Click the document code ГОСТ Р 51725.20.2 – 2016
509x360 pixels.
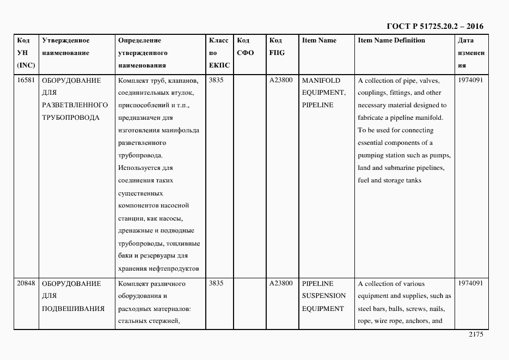[x=434, y=26]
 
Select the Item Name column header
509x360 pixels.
[x=319, y=40]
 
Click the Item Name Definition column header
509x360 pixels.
[x=391, y=40]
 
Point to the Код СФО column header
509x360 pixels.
[x=245, y=47]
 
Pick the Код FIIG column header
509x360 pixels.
[x=277, y=47]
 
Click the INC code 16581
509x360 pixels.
[x=26, y=80]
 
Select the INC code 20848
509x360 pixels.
[x=26, y=283]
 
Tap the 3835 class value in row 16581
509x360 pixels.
[x=216, y=80]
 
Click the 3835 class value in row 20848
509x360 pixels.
[x=216, y=283]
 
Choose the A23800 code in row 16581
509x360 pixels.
[x=281, y=80]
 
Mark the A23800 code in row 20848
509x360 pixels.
[x=281, y=283]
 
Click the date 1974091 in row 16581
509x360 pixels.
[x=470, y=80]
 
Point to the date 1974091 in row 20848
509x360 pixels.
[x=470, y=283]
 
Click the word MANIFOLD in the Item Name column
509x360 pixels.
[x=321, y=80]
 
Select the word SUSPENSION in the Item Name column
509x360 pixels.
[x=323, y=296]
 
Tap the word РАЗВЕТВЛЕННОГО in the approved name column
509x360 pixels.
[x=75, y=105]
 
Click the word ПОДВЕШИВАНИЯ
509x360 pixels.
[x=73, y=309]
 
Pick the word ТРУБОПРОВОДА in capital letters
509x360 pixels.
[x=70, y=118]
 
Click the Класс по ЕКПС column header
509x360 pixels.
[x=219, y=53]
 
